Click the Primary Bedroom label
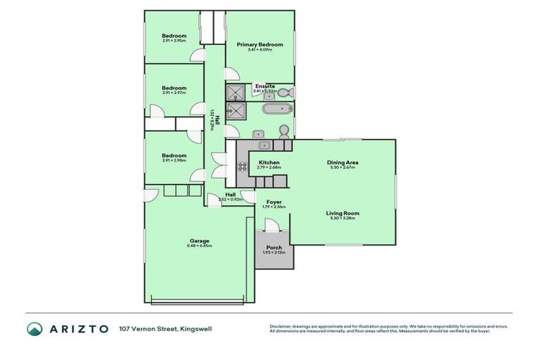pos(259,44)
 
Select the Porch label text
pos(274,247)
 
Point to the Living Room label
pos(343,213)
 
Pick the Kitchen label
pos(269,162)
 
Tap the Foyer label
pos(274,202)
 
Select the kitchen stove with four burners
pos(243,167)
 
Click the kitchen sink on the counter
pos(264,146)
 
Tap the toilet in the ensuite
pos(283,92)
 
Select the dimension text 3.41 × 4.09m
pos(259,49)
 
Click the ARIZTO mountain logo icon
pos(34,328)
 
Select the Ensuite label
pos(264,86)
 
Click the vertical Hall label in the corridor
pos(217,119)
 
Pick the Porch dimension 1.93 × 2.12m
pos(274,252)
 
